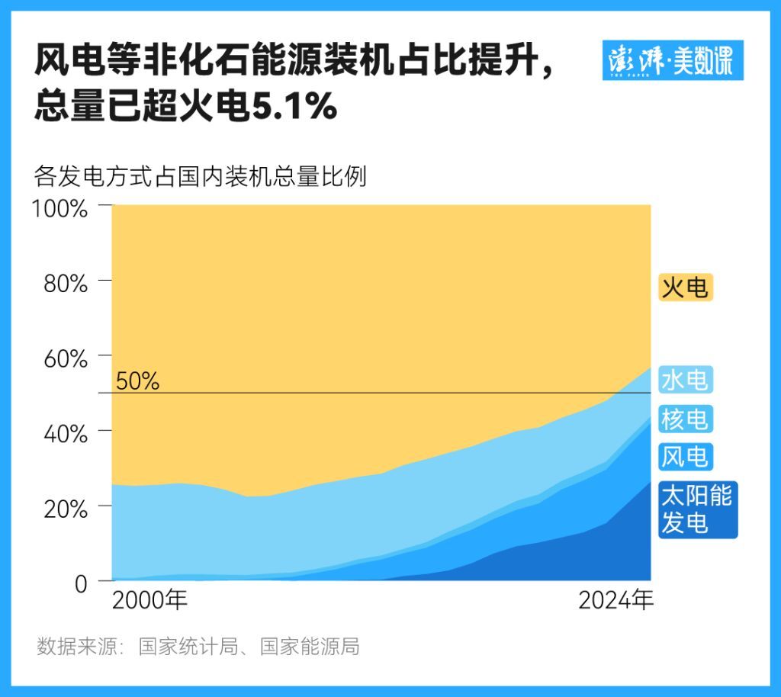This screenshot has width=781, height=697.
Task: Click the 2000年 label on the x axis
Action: (x=149, y=601)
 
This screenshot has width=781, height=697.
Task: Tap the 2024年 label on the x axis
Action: (x=615, y=601)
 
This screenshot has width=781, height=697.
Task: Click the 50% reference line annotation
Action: (x=138, y=381)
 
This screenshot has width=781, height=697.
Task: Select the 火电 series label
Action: (x=685, y=287)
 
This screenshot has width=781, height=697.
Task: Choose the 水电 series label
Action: (x=685, y=379)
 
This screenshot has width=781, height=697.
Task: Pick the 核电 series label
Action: (x=685, y=418)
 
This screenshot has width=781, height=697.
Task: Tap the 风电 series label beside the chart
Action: (x=685, y=457)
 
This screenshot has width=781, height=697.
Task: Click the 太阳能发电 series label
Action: (x=696, y=509)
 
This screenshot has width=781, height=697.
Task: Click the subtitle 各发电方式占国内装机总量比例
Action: (x=201, y=177)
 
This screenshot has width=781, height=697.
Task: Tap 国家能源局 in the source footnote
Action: (x=310, y=647)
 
